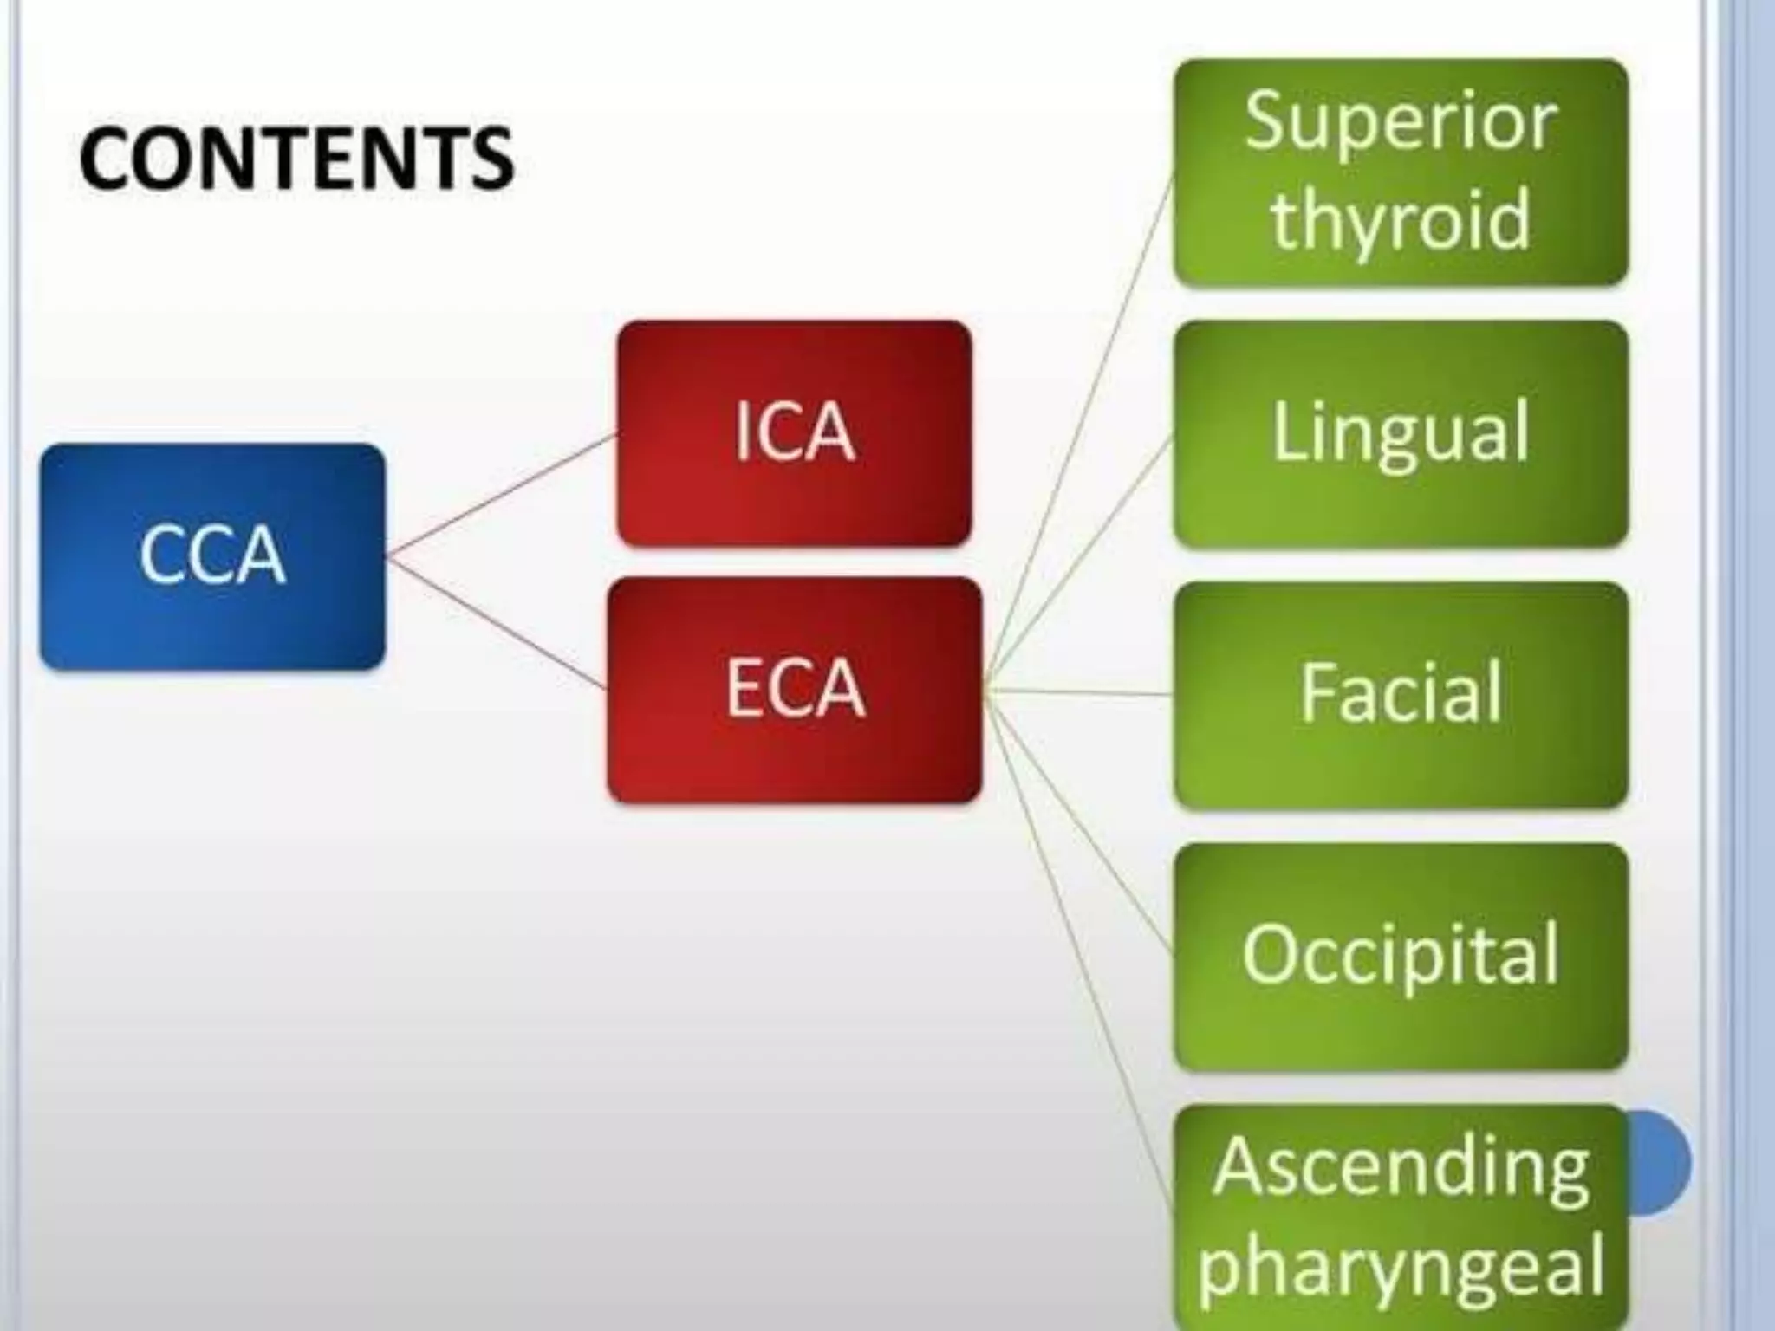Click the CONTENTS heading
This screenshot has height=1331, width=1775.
pyautogui.click(x=296, y=158)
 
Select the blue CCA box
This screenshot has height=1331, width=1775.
pyautogui.click(x=212, y=556)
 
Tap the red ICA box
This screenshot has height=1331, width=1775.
pyautogui.click(x=794, y=433)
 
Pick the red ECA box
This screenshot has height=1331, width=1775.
pyautogui.click(x=794, y=690)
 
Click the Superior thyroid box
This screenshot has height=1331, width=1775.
pyautogui.click(x=1401, y=172)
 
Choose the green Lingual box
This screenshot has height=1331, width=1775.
pyautogui.click(x=1401, y=433)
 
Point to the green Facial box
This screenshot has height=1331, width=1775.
pyautogui.click(x=1401, y=694)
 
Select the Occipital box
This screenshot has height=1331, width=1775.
pyautogui.click(x=1401, y=956)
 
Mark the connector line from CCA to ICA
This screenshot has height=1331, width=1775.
pyautogui.click(x=501, y=495)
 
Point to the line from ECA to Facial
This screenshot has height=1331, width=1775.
pyautogui.click(x=1079, y=692)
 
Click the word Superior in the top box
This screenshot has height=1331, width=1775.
pyautogui.click(x=1401, y=121)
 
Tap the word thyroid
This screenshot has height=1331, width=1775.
pyautogui.click(x=1401, y=220)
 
